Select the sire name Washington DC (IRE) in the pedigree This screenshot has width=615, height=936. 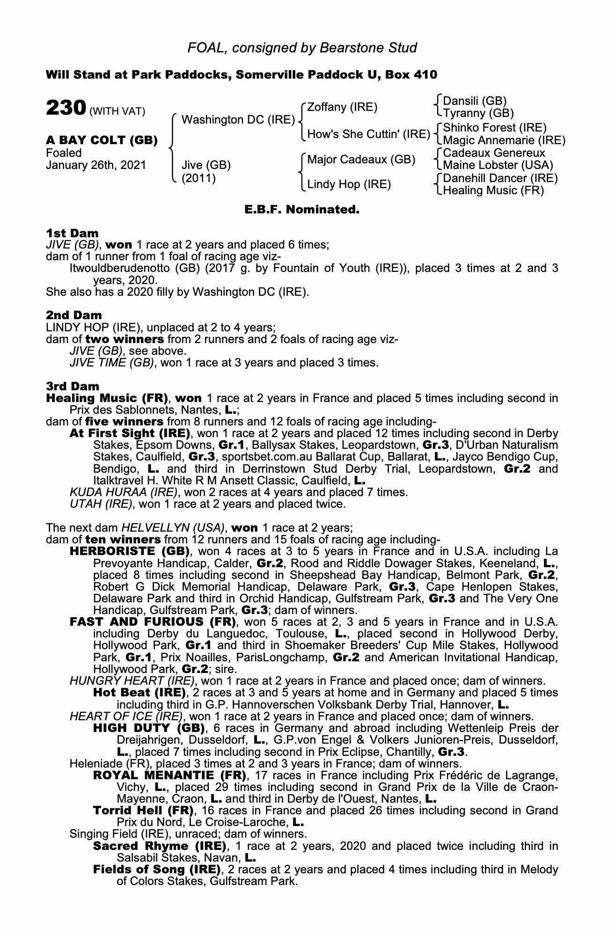(238, 120)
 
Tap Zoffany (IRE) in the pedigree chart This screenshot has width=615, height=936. (342, 107)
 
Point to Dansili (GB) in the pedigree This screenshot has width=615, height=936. (475, 101)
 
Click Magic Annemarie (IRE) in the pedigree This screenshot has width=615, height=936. (504, 140)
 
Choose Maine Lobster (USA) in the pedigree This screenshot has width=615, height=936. (498, 165)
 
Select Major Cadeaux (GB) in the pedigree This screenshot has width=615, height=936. (361, 160)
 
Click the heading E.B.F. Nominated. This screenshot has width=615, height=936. (302, 210)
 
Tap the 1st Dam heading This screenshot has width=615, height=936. (72, 233)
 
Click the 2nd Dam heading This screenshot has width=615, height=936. (73, 315)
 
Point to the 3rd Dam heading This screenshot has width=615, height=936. (73, 386)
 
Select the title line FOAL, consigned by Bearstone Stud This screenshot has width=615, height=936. (302, 48)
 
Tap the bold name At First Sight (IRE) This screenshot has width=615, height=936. (130, 433)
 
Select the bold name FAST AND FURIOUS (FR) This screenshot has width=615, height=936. (152, 622)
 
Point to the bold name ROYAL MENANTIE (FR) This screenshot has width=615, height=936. (169, 775)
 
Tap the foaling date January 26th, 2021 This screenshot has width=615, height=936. (96, 165)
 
